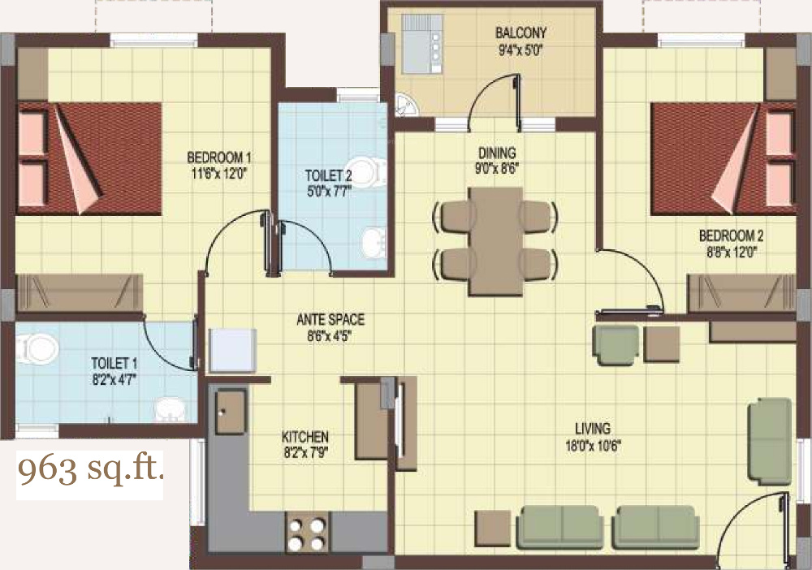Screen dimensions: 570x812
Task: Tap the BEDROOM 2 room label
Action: pos(731,236)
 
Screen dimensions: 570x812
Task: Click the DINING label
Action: pos(496,153)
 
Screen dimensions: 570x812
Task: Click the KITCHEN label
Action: pos(304,436)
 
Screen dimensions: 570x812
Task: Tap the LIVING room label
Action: pos(592,428)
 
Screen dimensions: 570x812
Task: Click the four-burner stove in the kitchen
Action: pos(306,534)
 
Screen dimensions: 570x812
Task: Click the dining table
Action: pos(495,240)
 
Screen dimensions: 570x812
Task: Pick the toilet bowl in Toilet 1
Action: pos(38,350)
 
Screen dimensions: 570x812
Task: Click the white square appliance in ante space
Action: pos(233,351)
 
